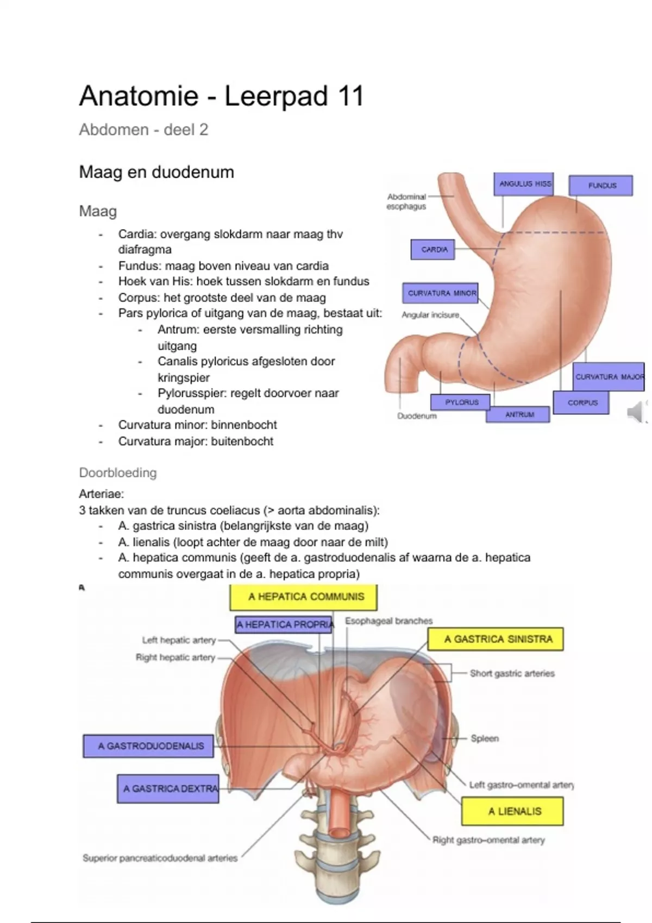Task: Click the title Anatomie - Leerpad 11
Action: (x=221, y=97)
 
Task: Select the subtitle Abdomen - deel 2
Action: (x=143, y=130)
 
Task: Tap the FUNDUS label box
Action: (x=601, y=185)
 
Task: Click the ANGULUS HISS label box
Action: (x=524, y=184)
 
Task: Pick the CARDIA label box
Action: (x=433, y=250)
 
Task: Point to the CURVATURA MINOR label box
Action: (x=441, y=293)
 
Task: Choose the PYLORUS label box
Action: (x=461, y=402)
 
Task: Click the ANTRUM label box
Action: (x=518, y=414)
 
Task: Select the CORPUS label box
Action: (x=581, y=403)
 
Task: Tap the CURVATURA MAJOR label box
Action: (x=609, y=377)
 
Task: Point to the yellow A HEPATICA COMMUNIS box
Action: (x=304, y=597)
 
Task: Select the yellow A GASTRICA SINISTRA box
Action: (x=496, y=639)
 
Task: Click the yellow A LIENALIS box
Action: (x=512, y=811)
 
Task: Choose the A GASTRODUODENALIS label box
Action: (x=148, y=746)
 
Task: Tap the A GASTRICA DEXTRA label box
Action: (x=168, y=788)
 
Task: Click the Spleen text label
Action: (x=485, y=738)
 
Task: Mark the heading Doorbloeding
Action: (x=118, y=473)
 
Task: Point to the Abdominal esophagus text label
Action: (x=406, y=201)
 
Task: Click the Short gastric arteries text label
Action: (x=512, y=673)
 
